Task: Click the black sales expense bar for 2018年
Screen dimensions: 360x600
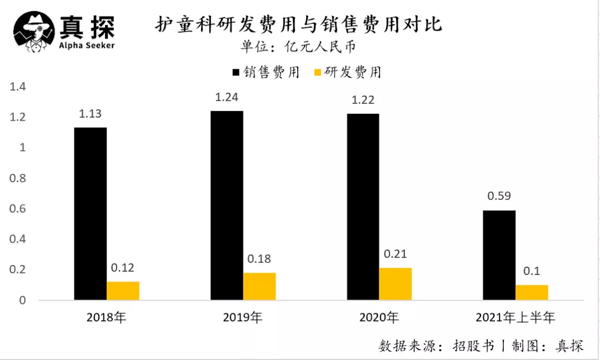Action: [90, 214]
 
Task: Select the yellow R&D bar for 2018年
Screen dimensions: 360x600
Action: [123, 291]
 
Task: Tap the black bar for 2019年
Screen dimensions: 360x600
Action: [227, 206]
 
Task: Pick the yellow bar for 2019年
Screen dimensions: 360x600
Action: [259, 286]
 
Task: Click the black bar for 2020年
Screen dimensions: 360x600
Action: [363, 207]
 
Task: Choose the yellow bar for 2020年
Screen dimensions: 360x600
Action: [396, 284]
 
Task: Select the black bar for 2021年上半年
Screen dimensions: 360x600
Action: [499, 255]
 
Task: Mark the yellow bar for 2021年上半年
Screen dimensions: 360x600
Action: [532, 292]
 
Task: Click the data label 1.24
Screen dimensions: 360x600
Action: [227, 97]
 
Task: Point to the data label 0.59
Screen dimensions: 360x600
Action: [499, 196]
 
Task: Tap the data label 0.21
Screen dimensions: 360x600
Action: [396, 254]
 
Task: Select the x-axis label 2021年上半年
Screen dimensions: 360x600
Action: [515, 318]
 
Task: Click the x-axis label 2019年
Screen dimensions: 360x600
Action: [243, 318]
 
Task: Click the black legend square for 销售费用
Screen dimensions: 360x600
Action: [236, 72]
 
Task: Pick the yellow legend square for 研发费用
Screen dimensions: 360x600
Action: [318, 72]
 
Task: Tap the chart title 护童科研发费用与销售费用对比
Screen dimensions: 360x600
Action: [298, 25]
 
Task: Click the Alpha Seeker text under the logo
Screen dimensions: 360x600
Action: [87, 45]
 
